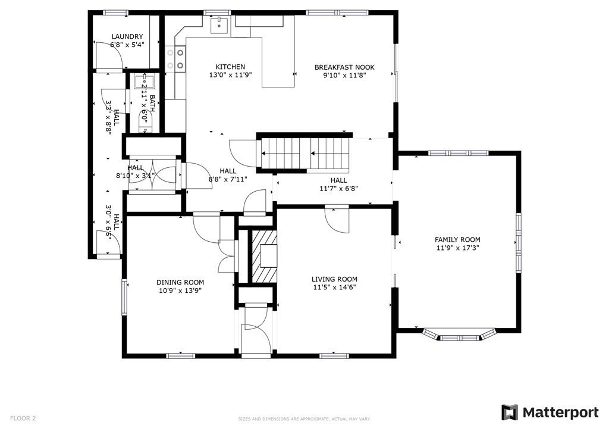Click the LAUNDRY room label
(x=127, y=36)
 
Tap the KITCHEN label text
(x=230, y=67)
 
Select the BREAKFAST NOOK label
(x=344, y=67)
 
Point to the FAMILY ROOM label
(x=457, y=240)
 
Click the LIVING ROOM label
(x=334, y=279)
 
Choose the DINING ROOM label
(x=180, y=283)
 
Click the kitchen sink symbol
(x=220, y=25)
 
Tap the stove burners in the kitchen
(x=175, y=58)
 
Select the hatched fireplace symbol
(x=264, y=256)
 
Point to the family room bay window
(x=460, y=335)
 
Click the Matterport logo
(x=550, y=413)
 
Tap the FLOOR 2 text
(x=23, y=418)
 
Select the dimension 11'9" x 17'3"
(x=457, y=248)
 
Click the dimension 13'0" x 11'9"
(x=231, y=75)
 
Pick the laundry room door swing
(x=109, y=55)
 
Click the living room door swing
(x=337, y=220)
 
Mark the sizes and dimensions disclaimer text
(x=304, y=419)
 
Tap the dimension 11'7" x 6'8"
(x=338, y=189)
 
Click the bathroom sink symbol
(x=145, y=82)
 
